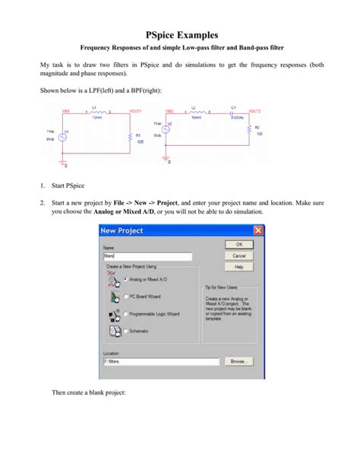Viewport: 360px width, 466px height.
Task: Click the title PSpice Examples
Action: [180, 34]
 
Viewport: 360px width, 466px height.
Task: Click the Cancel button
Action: [238, 255]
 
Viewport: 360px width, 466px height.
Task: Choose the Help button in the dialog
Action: [238, 267]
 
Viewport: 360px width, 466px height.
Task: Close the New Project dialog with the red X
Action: [258, 230]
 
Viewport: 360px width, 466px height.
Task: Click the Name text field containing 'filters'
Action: [147, 257]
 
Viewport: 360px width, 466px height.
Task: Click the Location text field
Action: [161, 361]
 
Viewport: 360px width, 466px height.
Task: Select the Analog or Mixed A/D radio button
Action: [126, 281]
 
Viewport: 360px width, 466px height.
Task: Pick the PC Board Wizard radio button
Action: [126, 297]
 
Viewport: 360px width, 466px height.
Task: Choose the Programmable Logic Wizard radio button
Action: [126, 314]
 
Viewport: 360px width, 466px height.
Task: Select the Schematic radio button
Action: [126, 331]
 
